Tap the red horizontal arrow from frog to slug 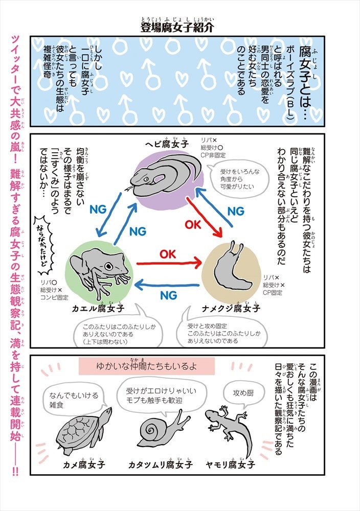(168, 264)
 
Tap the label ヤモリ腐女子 (230, 464)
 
